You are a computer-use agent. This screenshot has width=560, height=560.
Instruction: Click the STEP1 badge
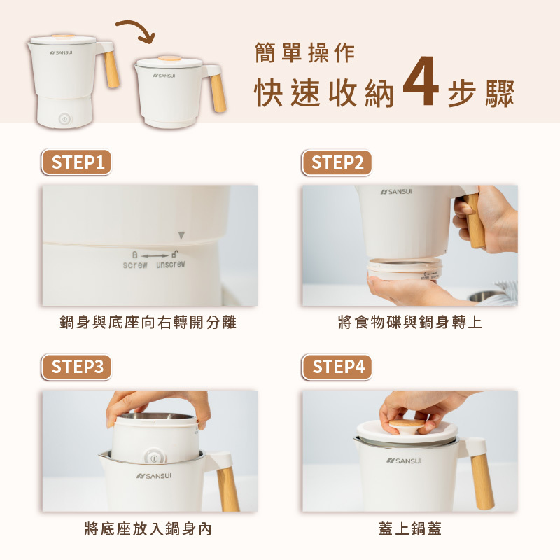pos(76,162)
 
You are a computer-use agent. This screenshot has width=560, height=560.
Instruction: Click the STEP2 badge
pos(337,162)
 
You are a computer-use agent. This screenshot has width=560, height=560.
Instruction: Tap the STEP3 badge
pos(76,367)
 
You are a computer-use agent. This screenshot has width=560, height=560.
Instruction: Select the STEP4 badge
pos(337,367)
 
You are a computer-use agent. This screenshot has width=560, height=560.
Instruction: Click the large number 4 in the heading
pos(421,81)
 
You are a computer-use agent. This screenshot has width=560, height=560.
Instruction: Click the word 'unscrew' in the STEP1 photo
pos(171,265)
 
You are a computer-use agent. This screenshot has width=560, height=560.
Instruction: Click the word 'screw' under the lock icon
pos(134,265)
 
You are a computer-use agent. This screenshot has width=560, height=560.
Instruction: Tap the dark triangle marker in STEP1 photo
pos(181,235)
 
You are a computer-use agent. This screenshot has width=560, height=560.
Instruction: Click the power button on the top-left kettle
pos(64,119)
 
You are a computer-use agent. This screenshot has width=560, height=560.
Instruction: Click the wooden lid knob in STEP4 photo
pos(407,426)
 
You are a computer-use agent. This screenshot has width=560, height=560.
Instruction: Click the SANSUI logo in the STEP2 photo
pos(396,192)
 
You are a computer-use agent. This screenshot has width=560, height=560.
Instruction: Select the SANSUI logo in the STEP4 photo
pos(404,461)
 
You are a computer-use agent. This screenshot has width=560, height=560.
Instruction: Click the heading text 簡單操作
pos(304,52)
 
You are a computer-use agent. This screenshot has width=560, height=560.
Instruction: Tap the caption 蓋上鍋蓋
pos(409,528)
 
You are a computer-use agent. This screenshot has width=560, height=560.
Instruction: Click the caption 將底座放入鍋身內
pos(148,529)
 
